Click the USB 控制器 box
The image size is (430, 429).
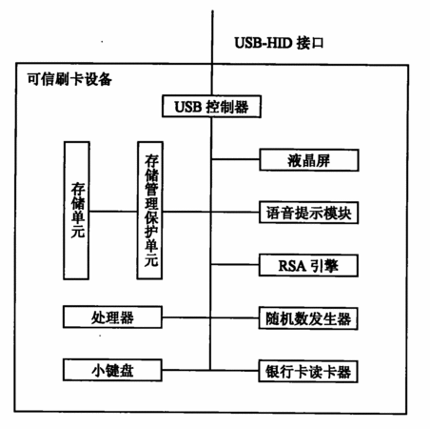point(211,107)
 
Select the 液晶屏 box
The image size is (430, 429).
point(309,160)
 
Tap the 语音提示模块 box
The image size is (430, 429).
point(309,213)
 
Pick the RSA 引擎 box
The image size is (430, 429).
point(308,265)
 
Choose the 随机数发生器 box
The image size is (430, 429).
point(308,318)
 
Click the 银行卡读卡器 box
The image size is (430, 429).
point(308,371)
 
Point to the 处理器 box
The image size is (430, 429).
point(112,317)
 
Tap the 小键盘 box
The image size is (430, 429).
point(112,370)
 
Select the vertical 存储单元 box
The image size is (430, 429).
point(76,211)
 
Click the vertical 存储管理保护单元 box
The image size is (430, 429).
point(150,211)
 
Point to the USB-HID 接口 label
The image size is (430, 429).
point(279,43)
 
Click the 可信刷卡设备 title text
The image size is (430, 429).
point(69,79)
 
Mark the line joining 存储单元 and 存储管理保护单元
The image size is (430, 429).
point(113,212)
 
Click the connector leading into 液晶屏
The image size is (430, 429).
point(235,159)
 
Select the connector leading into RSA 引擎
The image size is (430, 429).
point(235,264)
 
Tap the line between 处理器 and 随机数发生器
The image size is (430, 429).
point(210,317)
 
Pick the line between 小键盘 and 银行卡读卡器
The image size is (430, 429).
point(210,370)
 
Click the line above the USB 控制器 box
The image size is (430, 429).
point(212,52)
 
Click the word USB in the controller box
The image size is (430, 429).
point(188,107)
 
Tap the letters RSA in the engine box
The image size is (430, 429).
point(292,266)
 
